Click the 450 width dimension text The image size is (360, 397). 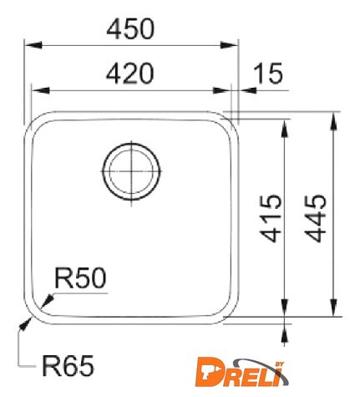tap(130, 28)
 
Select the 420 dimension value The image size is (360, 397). tap(129, 74)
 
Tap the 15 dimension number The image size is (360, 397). tap(269, 74)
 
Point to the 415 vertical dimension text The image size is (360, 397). tap(271, 218)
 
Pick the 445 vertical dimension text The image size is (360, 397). tap(316, 218)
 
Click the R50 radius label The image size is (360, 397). tap(80, 278)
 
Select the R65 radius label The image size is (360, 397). tap(68, 366)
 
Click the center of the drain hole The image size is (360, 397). tap(131, 171)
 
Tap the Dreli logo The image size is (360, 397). tap(241, 373)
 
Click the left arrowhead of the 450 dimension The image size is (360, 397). tap(33, 45)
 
